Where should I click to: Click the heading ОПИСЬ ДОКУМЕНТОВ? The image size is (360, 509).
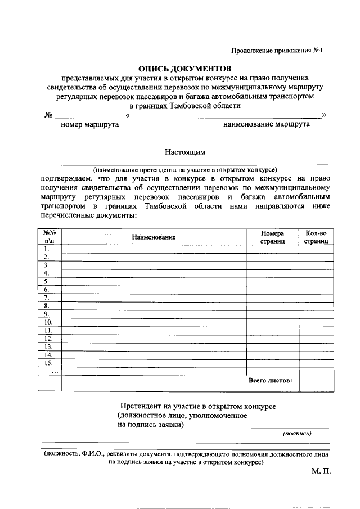click(x=185, y=67)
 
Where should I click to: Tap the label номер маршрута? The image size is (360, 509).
click(x=89, y=124)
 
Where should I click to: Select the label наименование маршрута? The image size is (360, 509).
click(x=267, y=124)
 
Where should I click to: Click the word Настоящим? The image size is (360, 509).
click(x=185, y=151)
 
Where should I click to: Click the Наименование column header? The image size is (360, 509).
click(x=154, y=237)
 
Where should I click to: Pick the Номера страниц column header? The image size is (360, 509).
click(x=272, y=237)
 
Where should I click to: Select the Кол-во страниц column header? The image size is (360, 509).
click(x=316, y=237)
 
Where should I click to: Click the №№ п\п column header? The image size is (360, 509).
click(x=49, y=237)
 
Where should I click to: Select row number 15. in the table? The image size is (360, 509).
click(x=49, y=363)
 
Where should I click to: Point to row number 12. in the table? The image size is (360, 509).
click(x=49, y=339)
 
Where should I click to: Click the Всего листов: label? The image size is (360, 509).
click(x=270, y=381)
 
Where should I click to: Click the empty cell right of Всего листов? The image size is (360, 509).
click(x=316, y=383)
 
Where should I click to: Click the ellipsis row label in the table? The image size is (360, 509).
click(x=54, y=371)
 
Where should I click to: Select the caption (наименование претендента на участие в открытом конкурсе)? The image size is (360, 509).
click(x=185, y=169)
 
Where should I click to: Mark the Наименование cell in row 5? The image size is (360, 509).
click(x=154, y=281)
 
